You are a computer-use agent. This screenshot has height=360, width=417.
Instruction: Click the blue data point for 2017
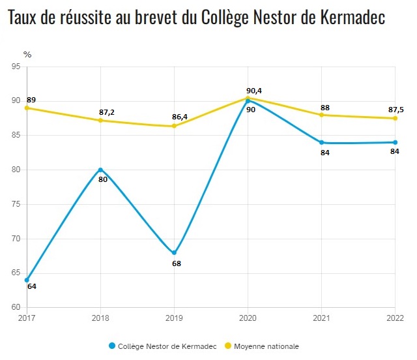tap(27, 280)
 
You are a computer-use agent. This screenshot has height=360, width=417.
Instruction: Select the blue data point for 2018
tap(100, 170)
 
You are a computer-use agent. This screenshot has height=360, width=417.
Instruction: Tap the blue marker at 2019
tap(174, 252)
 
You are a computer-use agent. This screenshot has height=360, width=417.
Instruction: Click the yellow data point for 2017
tap(27, 108)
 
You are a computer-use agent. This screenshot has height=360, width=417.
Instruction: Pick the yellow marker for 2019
tap(174, 126)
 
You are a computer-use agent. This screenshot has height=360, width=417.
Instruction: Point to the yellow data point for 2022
tap(395, 118)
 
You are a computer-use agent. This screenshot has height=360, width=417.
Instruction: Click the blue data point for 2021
tap(322, 142)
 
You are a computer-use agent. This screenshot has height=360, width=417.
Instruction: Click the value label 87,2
tap(107, 112)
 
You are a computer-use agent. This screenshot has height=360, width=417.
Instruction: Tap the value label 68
tap(176, 263)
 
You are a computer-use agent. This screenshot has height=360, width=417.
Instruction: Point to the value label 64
tap(31, 286)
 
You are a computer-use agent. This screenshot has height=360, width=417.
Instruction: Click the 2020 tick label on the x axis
tap(248, 318)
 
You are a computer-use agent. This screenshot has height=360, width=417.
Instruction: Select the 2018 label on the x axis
tap(100, 318)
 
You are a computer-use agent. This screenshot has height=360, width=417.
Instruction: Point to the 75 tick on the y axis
tap(16, 204)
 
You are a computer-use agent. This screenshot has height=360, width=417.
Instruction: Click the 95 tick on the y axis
tap(16, 66)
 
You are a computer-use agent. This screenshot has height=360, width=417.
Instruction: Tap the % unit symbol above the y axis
tap(27, 55)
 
